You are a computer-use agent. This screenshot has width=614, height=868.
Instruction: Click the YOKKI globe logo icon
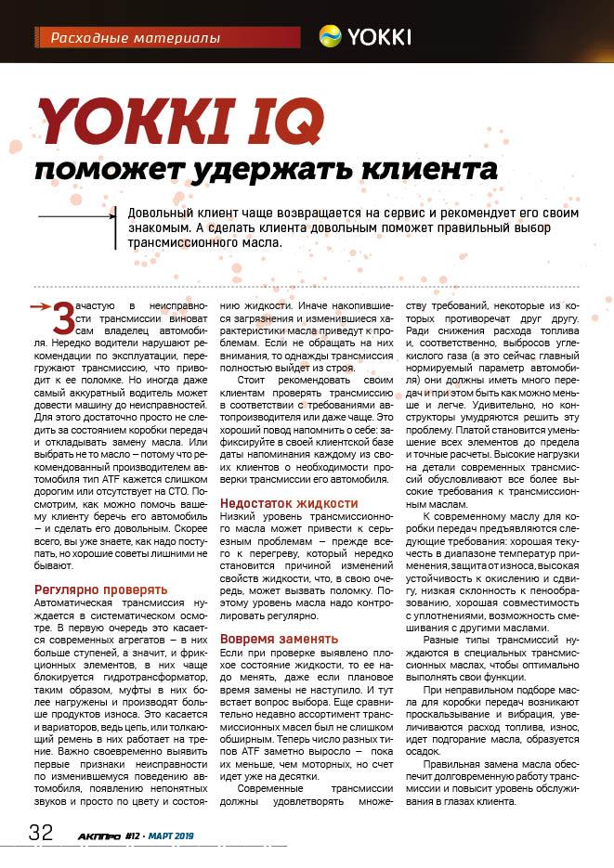coord(330,36)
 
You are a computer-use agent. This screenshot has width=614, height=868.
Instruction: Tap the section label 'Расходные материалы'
coord(135,38)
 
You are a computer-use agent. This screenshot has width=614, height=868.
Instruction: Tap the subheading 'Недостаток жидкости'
coord(288,502)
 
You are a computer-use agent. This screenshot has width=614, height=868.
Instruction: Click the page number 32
coord(40,831)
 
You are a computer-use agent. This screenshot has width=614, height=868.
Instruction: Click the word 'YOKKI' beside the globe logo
coord(379,37)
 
